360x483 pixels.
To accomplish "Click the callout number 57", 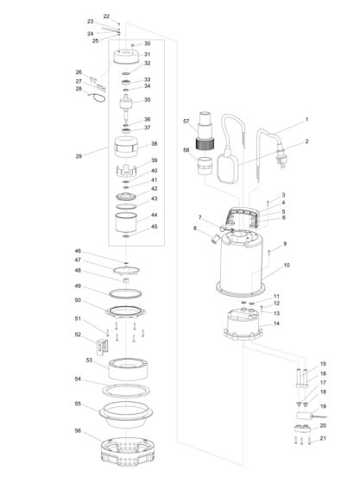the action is tap(186, 122).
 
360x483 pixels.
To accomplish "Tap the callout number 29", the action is tap(79, 156).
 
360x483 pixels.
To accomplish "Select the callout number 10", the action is tap(287, 266).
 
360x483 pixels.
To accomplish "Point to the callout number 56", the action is tap(78, 430).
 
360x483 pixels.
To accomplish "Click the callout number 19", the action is tap(323, 406).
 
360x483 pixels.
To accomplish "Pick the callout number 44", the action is tap(155, 215).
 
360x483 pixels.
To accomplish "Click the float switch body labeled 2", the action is tap(229, 168).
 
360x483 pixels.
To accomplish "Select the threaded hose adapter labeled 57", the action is tap(205, 130).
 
